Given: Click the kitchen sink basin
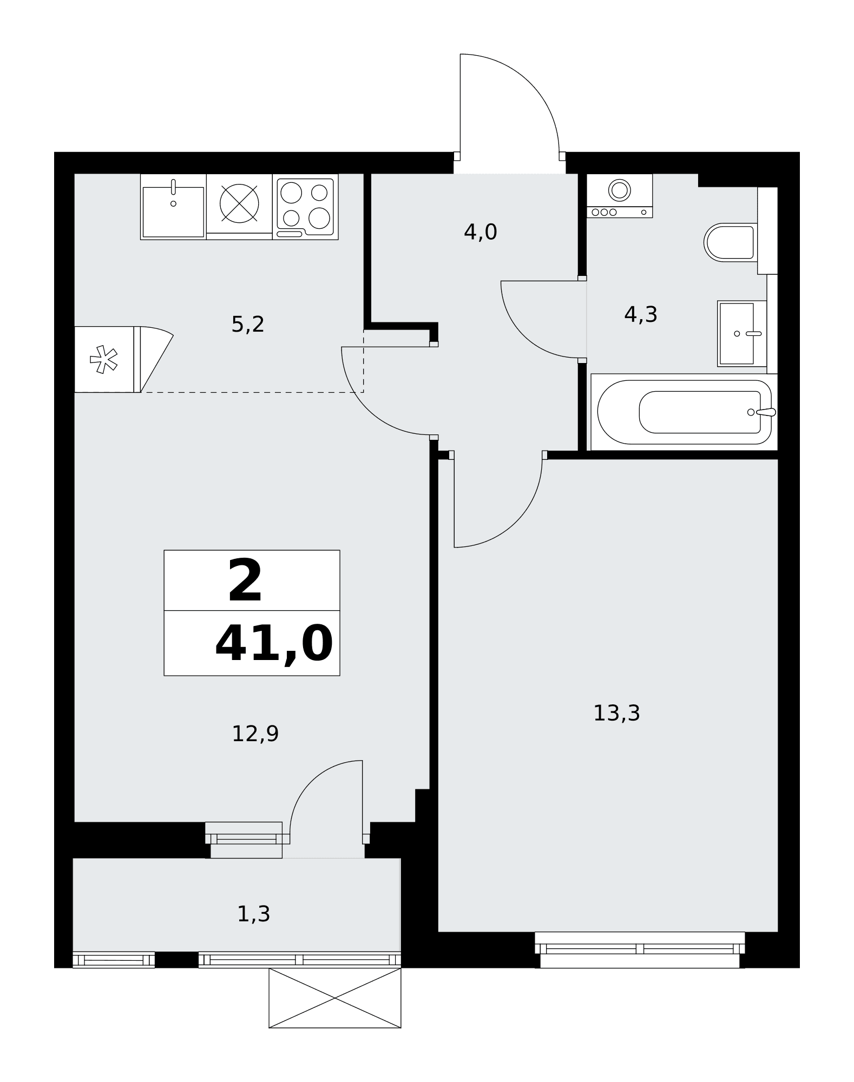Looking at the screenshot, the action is pyautogui.click(x=173, y=212).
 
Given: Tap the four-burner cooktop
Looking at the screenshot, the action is pyautogui.click(x=305, y=208).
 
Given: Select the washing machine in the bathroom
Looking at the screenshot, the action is pyautogui.click(x=620, y=196).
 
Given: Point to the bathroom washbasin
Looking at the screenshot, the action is pyautogui.click(x=741, y=334).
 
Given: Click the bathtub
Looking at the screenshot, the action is pyautogui.click(x=684, y=412).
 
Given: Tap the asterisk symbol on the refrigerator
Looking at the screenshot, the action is pyautogui.click(x=103, y=360).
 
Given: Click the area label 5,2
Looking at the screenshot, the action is pyautogui.click(x=248, y=325).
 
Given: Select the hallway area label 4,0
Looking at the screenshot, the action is pyautogui.click(x=481, y=233).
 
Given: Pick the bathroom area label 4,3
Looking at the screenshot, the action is pyautogui.click(x=641, y=314).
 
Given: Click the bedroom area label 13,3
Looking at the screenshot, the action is pyautogui.click(x=617, y=713).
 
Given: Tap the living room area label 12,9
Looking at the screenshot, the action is pyautogui.click(x=255, y=734).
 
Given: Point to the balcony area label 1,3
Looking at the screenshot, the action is pyautogui.click(x=254, y=914).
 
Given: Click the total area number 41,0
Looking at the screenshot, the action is pyautogui.click(x=274, y=644).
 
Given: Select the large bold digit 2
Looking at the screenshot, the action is pyautogui.click(x=245, y=581).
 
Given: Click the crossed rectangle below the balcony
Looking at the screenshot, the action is pyautogui.click(x=335, y=998).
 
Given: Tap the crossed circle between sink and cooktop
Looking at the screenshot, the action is pyautogui.click(x=239, y=203).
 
